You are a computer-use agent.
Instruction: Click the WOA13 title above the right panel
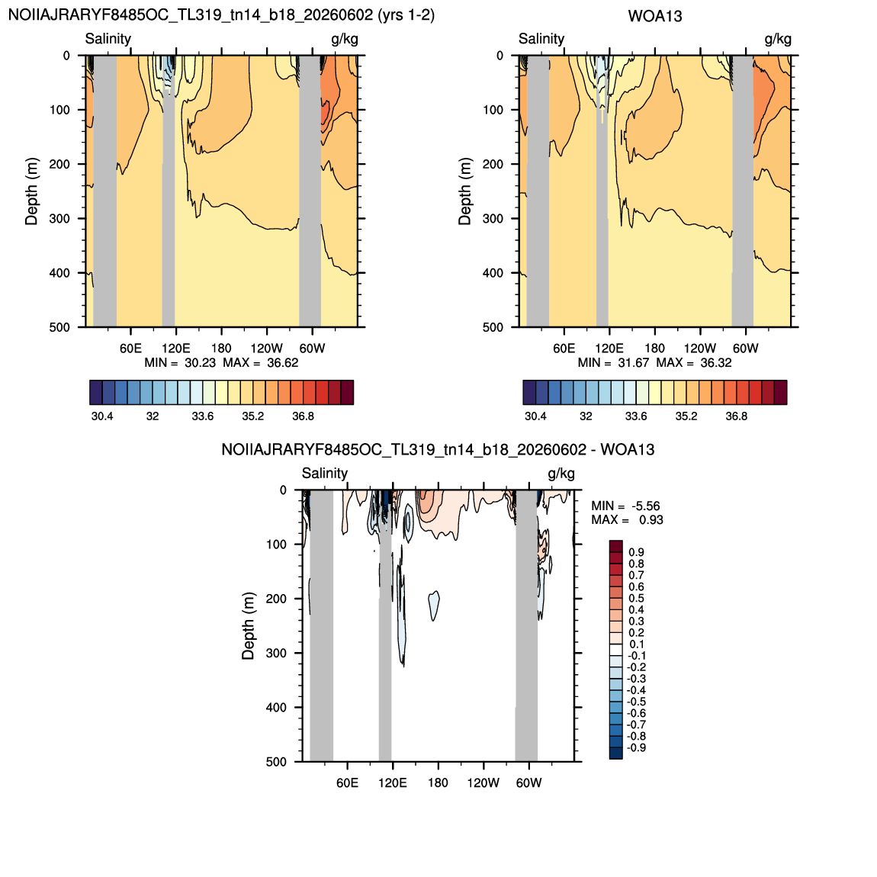click(655, 16)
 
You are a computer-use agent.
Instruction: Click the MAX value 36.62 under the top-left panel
click(283, 362)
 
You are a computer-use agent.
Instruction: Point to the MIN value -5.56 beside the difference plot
click(646, 506)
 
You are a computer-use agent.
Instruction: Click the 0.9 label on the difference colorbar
click(636, 553)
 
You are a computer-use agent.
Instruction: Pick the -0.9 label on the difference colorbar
click(636, 748)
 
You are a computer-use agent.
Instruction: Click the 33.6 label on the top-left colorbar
click(202, 416)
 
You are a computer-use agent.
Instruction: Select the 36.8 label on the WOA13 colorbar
click(736, 416)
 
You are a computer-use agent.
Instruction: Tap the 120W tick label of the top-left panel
click(266, 348)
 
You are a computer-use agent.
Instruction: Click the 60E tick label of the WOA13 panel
click(564, 348)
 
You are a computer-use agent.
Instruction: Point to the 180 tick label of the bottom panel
click(438, 782)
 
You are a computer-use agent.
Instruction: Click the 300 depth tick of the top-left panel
click(59, 219)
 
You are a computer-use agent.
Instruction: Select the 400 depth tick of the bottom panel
click(276, 708)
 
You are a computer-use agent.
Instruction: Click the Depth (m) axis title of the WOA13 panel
click(464, 191)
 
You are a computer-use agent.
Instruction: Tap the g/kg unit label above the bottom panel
click(561, 473)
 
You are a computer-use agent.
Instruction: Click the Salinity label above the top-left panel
click(108, 39)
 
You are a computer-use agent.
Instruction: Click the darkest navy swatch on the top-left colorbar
click(95, 392)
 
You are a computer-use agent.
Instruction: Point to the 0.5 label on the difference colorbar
click(636, 599)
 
